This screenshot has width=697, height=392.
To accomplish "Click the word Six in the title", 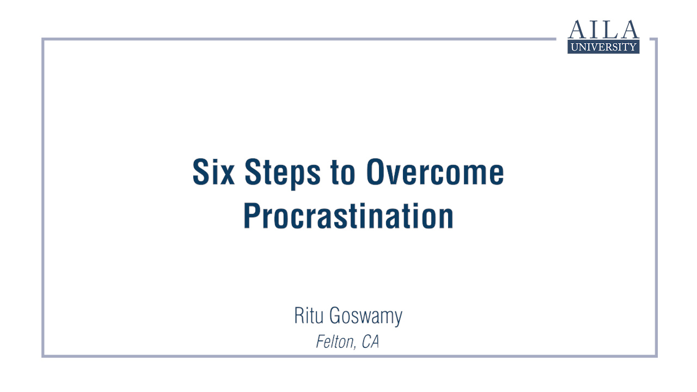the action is tap(213, 172).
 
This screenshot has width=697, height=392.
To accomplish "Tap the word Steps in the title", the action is tap(283, 174).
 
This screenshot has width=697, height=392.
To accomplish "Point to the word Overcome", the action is tap(435, 172).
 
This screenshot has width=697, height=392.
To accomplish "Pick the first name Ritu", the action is tap(309, 315).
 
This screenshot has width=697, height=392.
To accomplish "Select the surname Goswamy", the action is tap(366, 317).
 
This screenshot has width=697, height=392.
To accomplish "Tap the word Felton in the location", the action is tap(334, 342).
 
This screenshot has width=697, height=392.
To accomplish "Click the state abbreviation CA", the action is tap(371, 341).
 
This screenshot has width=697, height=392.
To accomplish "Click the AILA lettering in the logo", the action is tap(603, 29).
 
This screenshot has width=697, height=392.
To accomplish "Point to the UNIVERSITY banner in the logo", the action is tap(603, 47).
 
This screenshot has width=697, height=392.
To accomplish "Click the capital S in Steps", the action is tap(254, 172).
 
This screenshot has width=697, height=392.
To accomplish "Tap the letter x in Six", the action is tap(227, 175).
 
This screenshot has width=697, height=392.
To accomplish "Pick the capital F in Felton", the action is tap(321, 341).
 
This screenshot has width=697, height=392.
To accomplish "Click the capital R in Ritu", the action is tap(299, 315).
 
